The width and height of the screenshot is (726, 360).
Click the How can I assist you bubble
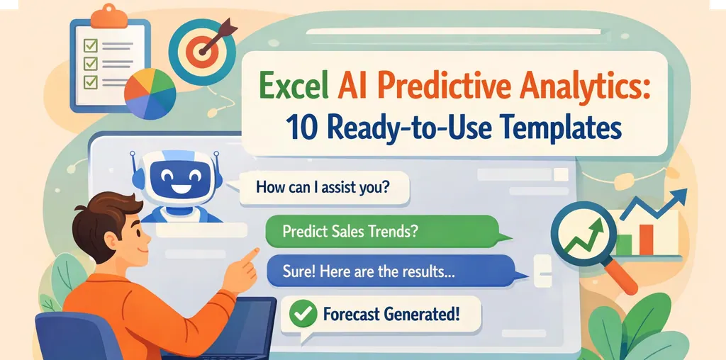pos(323,189)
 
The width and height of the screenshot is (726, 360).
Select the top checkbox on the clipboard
pos(90,47)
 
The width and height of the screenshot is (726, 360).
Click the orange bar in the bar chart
pos(645,240)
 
